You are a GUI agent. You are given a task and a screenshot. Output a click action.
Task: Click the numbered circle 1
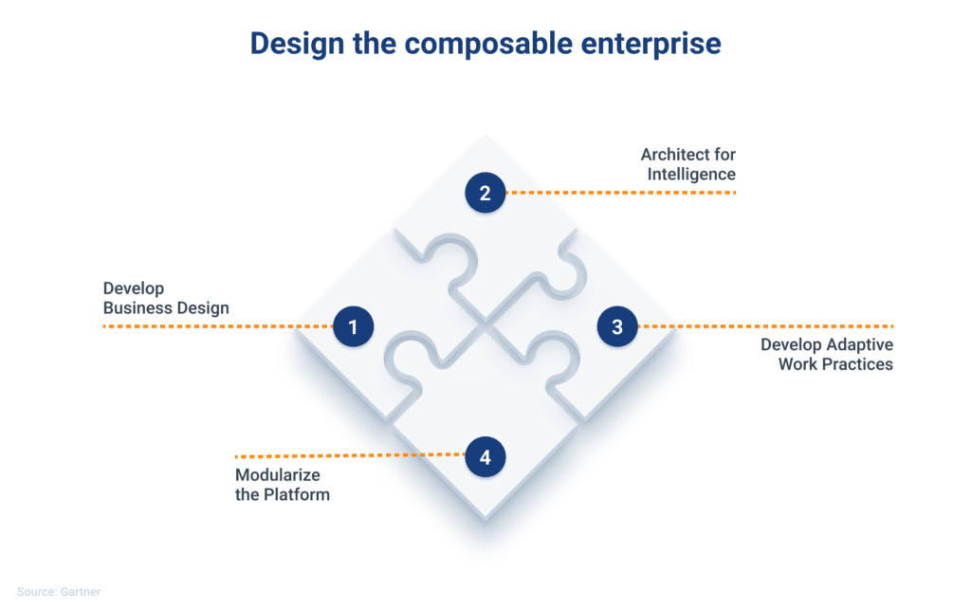click(x=353, y=326)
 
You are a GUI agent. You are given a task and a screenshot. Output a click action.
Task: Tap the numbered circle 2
click(x=485, y=193)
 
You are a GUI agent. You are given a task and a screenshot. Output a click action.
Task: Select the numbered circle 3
click(x=617, y=326)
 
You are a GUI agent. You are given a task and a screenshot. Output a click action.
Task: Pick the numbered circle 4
click(x=485, y=457)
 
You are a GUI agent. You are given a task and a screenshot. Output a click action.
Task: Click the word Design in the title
click(x=297, y=44)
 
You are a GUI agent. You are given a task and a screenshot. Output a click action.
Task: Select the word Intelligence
click(x=691, y=175)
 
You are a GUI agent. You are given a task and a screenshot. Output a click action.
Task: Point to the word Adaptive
click(x=860, y=345)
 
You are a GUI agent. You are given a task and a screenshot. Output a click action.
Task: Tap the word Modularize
click(x=278, y=475)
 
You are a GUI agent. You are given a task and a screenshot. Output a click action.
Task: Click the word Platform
click(x=297, y=494)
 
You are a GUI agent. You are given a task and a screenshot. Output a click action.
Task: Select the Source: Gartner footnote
click(x=59, y=592)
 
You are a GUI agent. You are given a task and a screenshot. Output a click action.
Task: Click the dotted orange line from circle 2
click(x=621, y=193)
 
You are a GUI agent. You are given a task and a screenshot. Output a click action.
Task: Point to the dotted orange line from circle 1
click(x=218, y=325)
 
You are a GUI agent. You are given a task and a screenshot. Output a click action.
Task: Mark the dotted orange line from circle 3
click(x=765, y=325)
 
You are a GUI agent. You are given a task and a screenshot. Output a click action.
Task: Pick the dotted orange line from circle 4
click(x=350, y=455)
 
